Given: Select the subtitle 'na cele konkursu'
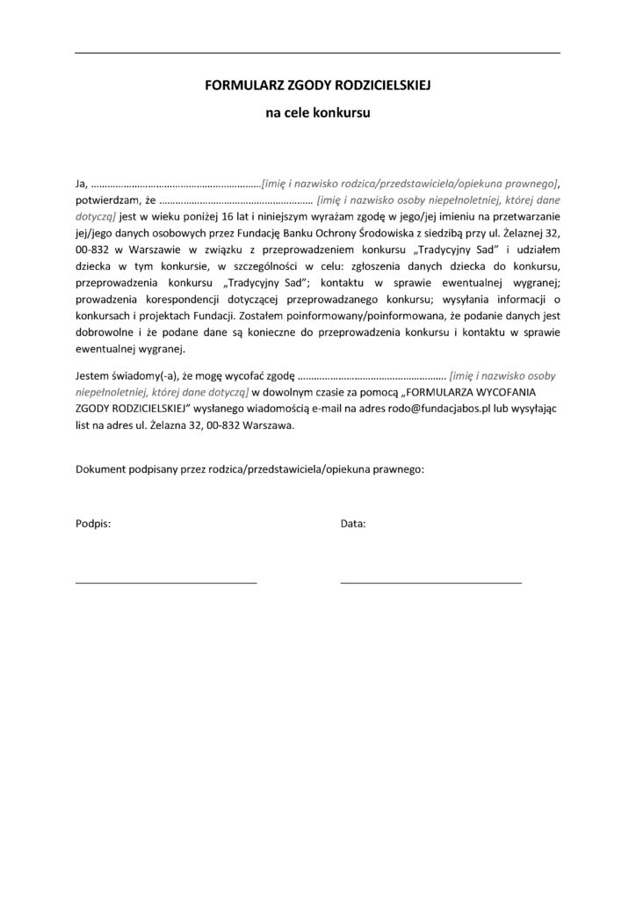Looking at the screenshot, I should point(317,112).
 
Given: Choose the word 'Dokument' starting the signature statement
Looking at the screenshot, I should point(99,468).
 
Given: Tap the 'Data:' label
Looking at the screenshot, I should point(353,524).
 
